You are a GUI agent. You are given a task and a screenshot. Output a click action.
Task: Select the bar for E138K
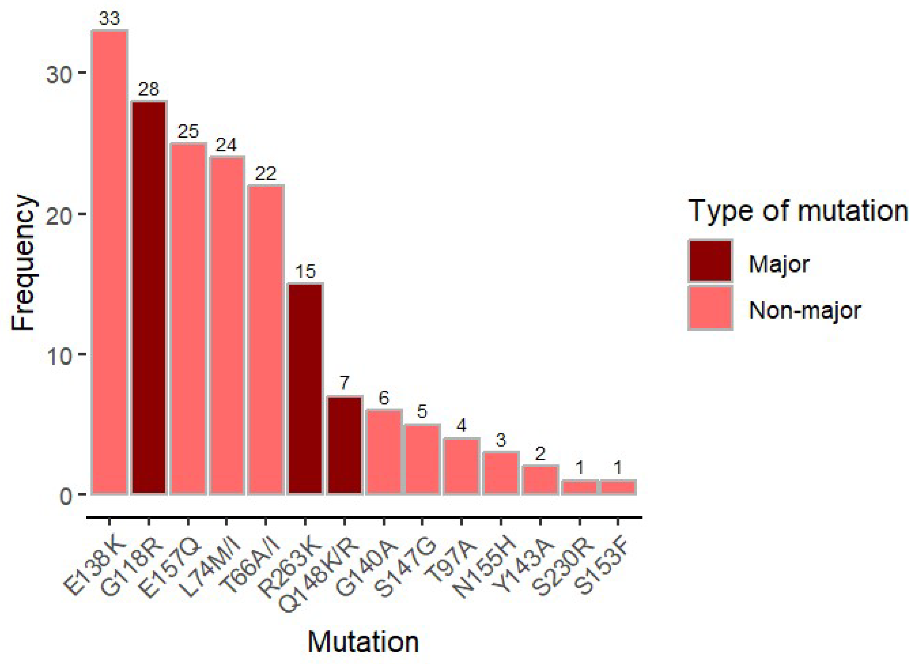(110, 262)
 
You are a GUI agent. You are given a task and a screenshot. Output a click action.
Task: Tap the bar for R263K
(305, 389)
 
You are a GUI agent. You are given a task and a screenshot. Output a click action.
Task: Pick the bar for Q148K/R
(344, 445)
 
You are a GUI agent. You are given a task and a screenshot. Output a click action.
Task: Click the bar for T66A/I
(266, 340)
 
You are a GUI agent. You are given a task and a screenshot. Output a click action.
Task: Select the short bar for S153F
(618, 487)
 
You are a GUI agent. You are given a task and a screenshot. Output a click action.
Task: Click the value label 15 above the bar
(305, 272)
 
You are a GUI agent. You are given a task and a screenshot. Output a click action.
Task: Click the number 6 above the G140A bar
(383, 398)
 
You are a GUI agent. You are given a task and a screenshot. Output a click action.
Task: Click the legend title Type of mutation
(798, 211)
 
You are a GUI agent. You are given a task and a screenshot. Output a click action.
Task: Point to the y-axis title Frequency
(23, 263)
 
